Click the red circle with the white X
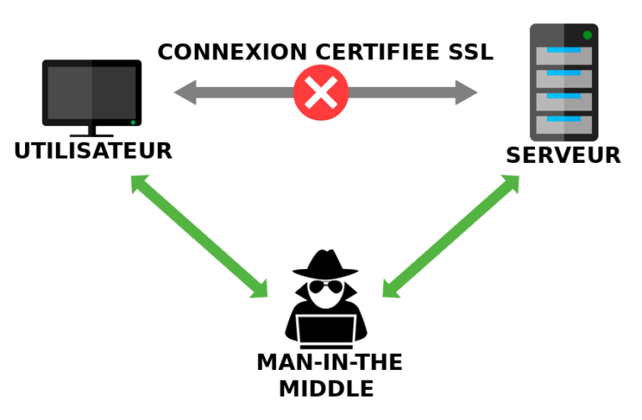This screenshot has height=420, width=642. point(321,92)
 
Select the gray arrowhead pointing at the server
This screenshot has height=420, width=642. point(466,92)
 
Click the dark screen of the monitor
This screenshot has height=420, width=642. point(91,91)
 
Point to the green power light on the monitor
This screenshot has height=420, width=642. point(132,122)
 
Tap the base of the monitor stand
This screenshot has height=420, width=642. point(92,134)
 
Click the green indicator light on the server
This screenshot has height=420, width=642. point(588,35)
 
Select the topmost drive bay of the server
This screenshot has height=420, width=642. point(563,56)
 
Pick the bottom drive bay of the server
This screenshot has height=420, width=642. point(563,124)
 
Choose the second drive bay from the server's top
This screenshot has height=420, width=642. point(563,78)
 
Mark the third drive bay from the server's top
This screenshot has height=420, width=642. point(563,101)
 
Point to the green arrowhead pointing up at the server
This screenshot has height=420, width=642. point(510,184)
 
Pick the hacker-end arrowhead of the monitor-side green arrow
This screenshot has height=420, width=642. point(259,289)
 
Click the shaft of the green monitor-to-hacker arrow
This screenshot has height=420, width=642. point(199,236)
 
